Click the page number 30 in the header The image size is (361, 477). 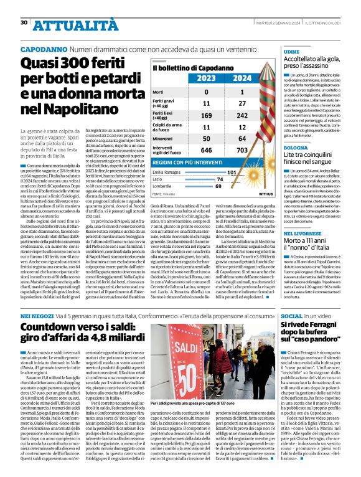24,23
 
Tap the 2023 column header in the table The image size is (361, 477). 189,78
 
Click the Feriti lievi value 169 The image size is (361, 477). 189,116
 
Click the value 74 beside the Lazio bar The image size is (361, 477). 237,179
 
